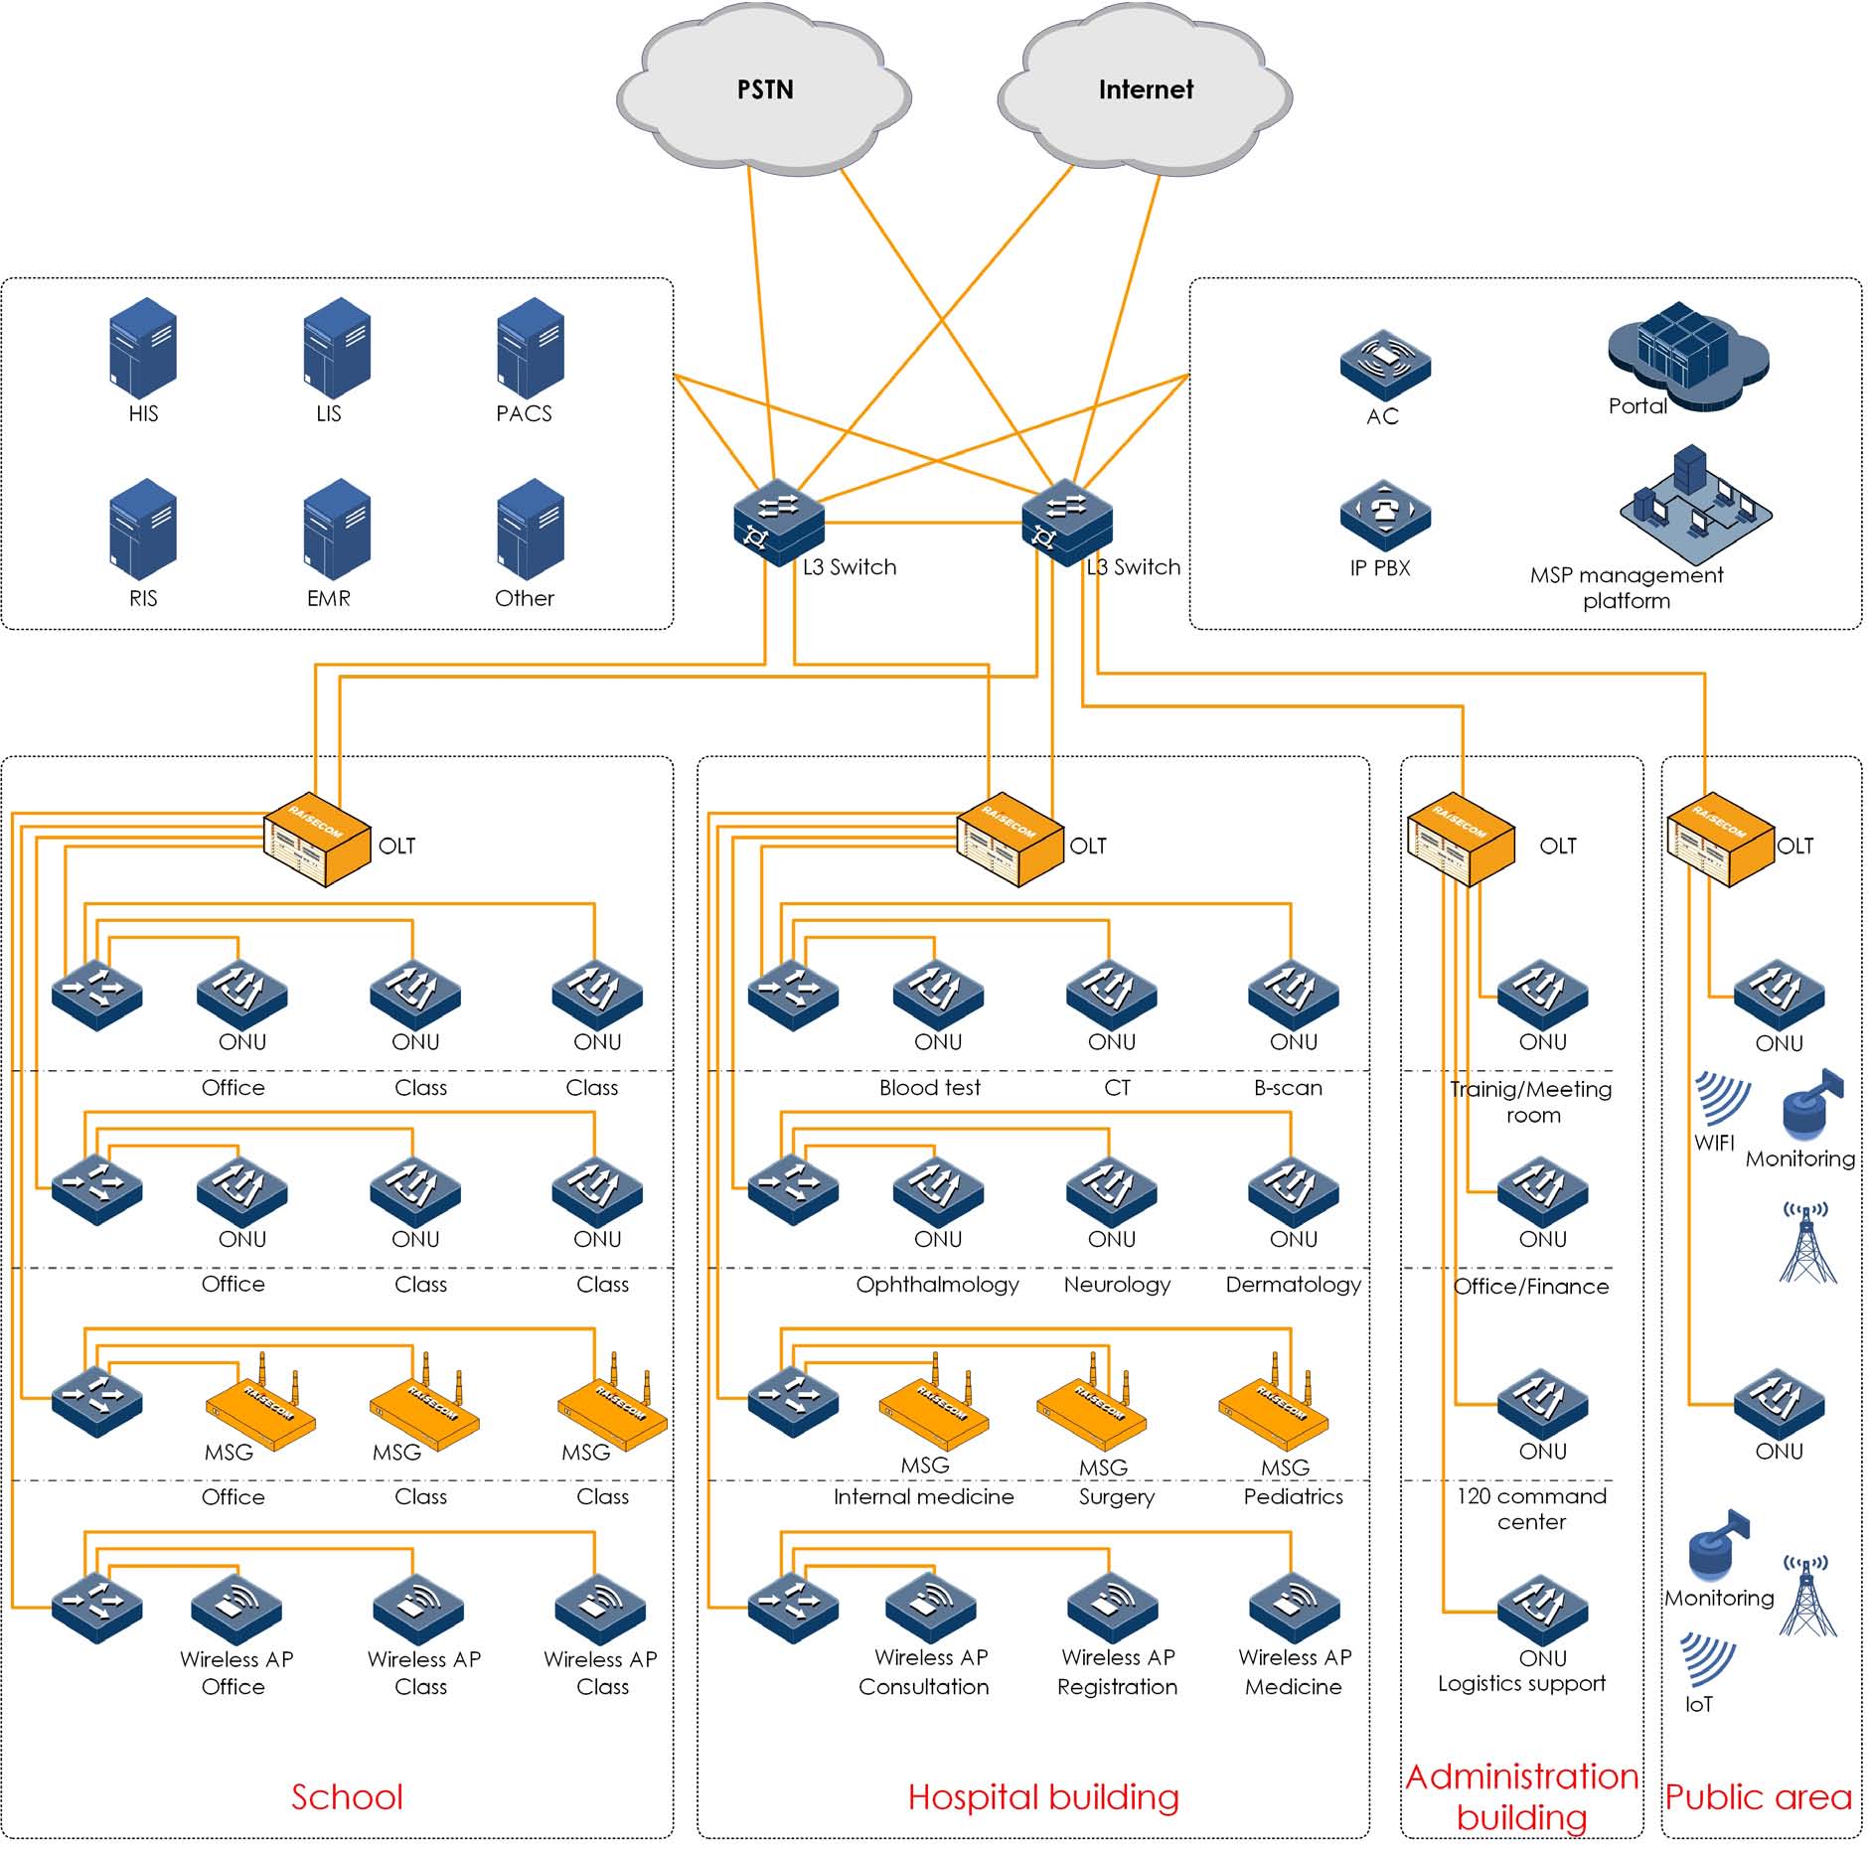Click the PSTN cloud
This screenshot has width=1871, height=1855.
click(x=764, y=91)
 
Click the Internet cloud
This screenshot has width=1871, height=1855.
click(x=1145, y=91)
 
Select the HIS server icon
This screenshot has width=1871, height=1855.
click(x=143, y=349)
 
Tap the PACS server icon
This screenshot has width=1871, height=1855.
click(x=530, y=349)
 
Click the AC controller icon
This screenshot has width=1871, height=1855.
click(x=1385, y=366)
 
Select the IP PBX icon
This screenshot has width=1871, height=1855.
click(x=1385, y=516)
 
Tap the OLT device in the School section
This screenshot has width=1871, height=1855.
click(x=317, y=840)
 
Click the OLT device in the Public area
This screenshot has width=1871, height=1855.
click(x=1720, y=840)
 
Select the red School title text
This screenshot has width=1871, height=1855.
click(x=347, y=1797)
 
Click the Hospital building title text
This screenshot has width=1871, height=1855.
click(x=1043, y=1797)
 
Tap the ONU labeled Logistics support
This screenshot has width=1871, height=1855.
click(x=1543, y=1610)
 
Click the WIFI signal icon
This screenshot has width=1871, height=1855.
click(x=1721, y=1098)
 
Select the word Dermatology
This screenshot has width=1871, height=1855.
click(x=1293, y=1285)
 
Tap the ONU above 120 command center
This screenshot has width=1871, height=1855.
click(x=1543, y=1403)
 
